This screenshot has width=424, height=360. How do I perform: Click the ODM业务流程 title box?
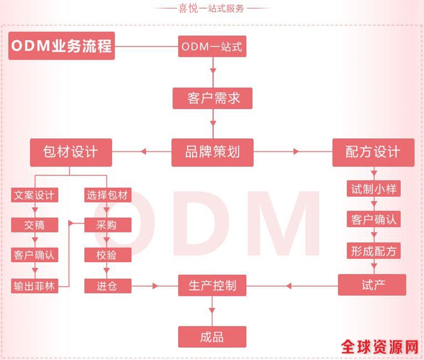(62, 46)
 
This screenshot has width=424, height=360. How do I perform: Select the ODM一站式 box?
(212, 46)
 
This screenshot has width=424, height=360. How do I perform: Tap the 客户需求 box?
(213, 98)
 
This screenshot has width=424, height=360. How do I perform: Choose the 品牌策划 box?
(213, 153)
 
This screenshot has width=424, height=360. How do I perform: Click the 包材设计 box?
(71, 153)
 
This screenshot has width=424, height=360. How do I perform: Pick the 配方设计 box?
(373, 153)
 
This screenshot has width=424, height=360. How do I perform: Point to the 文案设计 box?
(34, 195)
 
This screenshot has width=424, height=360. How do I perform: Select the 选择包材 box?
(108, 195)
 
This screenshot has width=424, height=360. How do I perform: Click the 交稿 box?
(34, 225)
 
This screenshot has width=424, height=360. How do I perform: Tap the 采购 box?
(108, 225)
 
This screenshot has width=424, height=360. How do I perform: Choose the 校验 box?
(108, 255)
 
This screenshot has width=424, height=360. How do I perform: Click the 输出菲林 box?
(34, 286)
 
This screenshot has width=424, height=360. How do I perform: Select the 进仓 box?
(108, 286)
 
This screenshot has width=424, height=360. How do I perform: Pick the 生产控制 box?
(212, 285)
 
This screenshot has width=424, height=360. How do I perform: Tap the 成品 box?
(212, 337)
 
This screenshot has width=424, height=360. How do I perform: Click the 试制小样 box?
(374, 189)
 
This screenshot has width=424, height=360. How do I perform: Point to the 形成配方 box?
(374, 251)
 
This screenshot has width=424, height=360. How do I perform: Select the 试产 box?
(372, 285)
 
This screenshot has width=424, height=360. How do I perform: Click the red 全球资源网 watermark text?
(379, 347)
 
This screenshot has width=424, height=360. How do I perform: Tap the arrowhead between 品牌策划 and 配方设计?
(296, 152)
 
